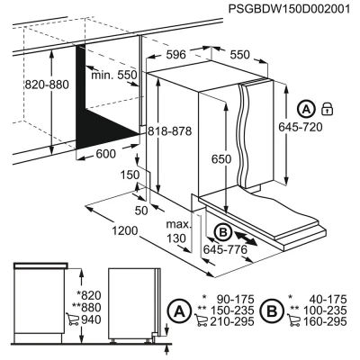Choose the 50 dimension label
click(140, 209)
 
